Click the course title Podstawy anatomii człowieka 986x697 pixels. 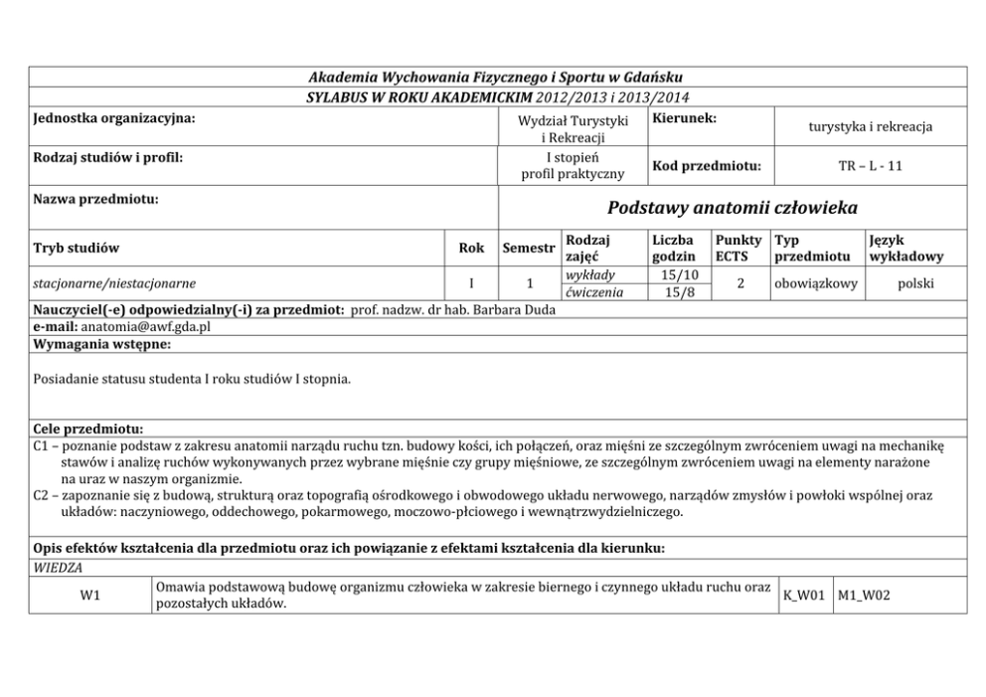click(x=731, y=209)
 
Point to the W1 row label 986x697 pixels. click(x=89, y=597)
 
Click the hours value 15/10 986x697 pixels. click(x=679, y=274)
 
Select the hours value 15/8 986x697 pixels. click(x=679, y=292)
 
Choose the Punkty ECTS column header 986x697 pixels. click(x=739, y=249)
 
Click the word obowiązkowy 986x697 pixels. click(x=815, y=283)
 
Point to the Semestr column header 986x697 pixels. click(x=528, y=249)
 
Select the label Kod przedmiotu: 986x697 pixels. click(x=707, y=166)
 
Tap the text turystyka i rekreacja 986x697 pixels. click(x=870, y=127)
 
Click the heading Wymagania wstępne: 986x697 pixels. click(x=101, y=344)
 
